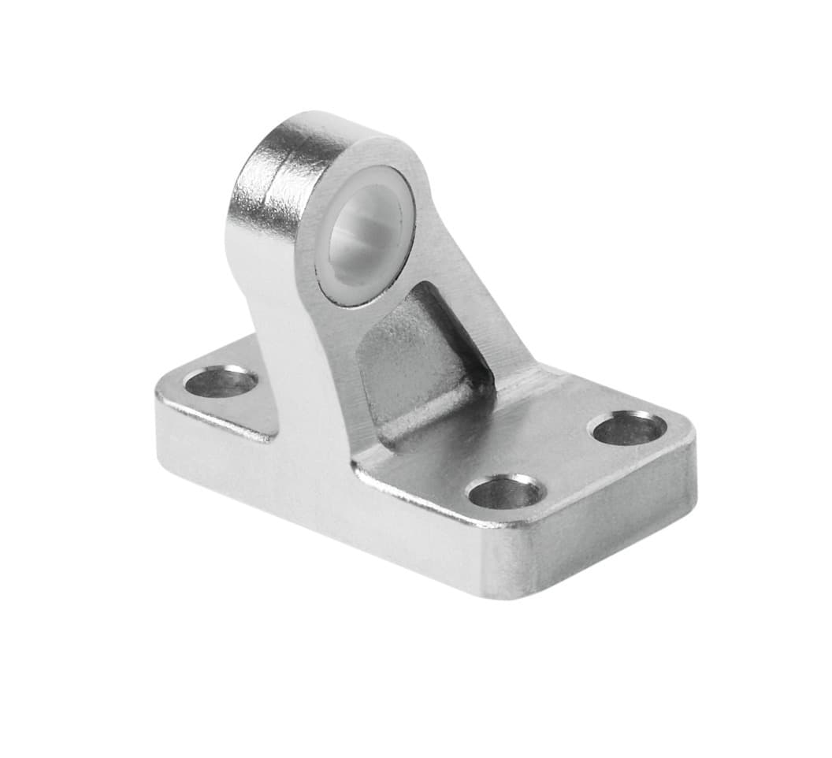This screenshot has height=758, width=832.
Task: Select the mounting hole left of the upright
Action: click(x=220, y=382)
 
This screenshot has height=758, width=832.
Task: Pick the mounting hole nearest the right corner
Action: click(x=628, y=429)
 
